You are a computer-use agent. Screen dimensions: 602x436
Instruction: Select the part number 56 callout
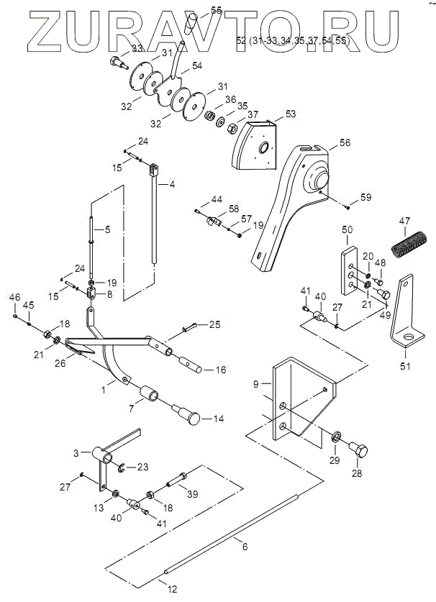pyautogui.click(x=345, y=144)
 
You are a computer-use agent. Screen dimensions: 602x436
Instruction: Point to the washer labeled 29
pyautogui.click(x=336, y=437)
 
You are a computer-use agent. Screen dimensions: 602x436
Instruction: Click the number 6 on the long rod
pyautogui.click(x=245, y=547)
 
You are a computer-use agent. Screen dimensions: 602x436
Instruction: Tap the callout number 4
pyautogui.click(x=172, y=184)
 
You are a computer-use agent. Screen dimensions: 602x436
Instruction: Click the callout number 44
pyautogui.click(x=217, y=199)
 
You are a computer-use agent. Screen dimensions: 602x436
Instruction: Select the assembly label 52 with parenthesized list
pyautogui.click(x=292, y=42)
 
